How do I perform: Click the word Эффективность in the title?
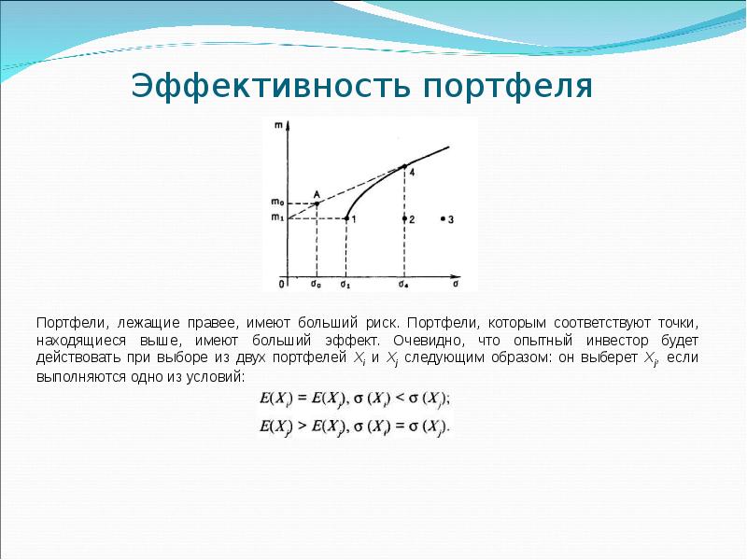tap(272, 86)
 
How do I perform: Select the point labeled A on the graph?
tap(317, 203)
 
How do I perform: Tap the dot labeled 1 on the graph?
tap(346, 218)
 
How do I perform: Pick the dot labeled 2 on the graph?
tap(405, 218)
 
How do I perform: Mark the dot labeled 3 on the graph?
tap(443, 218)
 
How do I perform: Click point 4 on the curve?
tap(405, 166)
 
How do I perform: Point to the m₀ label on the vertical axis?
tap(276, 203)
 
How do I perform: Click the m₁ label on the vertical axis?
tap(276, 218)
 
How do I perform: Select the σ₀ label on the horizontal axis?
tap(316, 283)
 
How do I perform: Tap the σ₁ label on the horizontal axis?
tap(345, 283)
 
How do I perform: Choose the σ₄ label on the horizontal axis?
tap(403, 283)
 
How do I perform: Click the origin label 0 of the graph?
tap(281, 283)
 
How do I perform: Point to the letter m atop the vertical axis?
tap(278, 125)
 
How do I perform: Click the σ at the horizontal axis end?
tap(456, 279)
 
